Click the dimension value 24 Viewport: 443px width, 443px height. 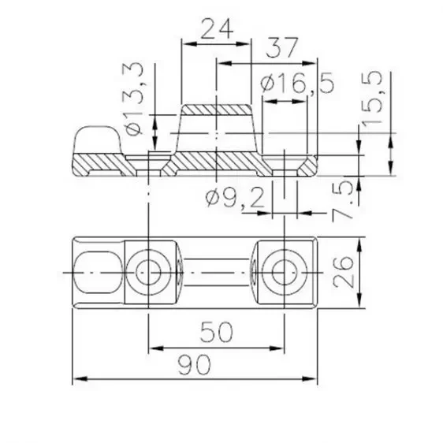point(215,29)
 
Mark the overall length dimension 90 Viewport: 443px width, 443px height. point(194,366)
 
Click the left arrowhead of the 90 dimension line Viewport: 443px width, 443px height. point(76,381)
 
